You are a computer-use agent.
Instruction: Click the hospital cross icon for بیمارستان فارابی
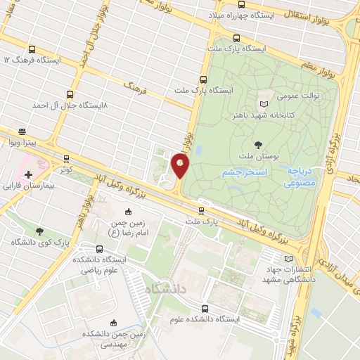(x=28, y=174)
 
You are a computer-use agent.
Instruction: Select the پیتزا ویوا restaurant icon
(x=22, y=131)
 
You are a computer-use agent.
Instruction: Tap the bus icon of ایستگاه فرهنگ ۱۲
(x=32, y=49)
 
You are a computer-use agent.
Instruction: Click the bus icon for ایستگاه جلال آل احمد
(x=69, y=94)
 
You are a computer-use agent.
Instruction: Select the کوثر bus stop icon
(x=67, y=159)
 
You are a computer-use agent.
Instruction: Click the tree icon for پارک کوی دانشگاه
(x=39, y=230)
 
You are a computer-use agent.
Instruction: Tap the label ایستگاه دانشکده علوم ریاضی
(x=98, y=264)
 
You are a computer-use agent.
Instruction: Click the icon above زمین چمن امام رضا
(x=128, y=212)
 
